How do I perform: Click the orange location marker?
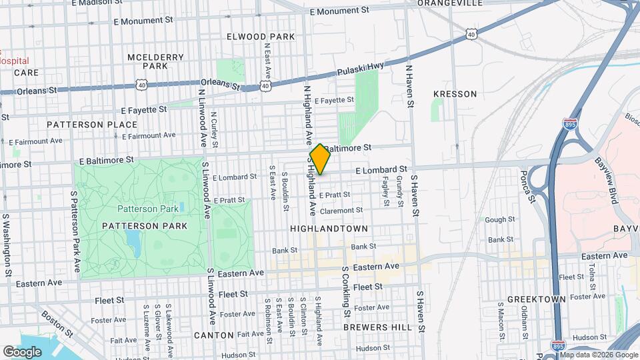320,159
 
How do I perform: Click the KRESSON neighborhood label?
455,94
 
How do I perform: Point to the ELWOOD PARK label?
256,36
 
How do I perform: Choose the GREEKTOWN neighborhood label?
532,299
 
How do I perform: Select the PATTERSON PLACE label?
84,124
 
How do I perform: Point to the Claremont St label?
341,211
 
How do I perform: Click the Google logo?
22,351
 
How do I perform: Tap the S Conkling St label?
346,292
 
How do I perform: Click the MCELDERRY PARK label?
155,61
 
